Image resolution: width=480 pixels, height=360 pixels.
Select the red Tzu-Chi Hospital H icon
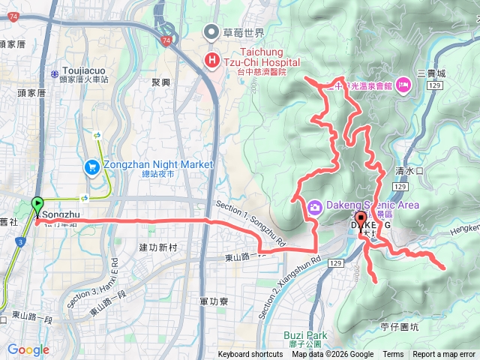click(x=213, y=59)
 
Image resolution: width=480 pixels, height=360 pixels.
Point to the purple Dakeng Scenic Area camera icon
click(x=315, y=205)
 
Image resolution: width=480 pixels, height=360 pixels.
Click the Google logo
click(x=28, y=349)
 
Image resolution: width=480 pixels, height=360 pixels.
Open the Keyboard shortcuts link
click(x=250, y=355)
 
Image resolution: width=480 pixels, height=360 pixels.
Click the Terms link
click(x=393, y=355)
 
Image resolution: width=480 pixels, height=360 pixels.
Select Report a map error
click(x=445, y=355)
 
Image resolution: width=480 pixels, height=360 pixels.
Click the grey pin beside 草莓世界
click(x=213, y=33)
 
